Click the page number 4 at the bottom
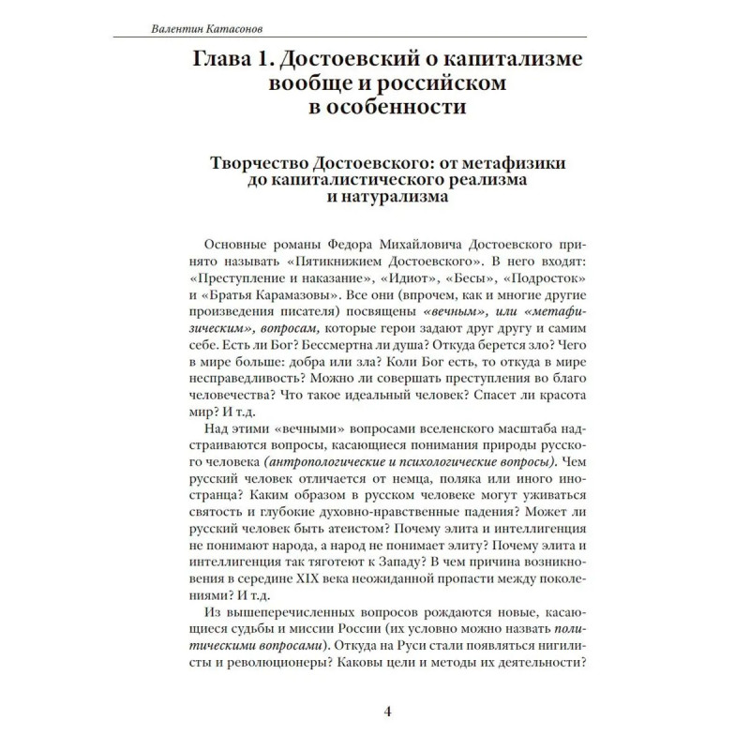[x=387, y=711]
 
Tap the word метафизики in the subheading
[x=517, y=162]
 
